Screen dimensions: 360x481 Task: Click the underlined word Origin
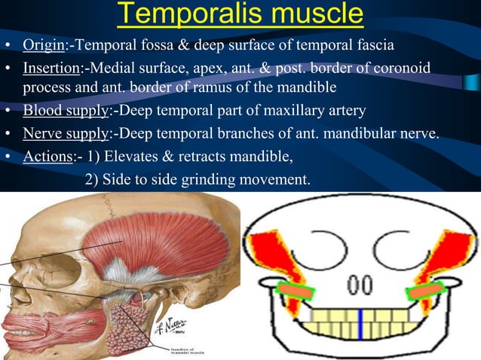click(x=44, y=45)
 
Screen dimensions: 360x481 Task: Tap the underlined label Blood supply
click(x=66, y=111)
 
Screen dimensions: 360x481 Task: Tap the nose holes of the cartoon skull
click(x=360, y=285)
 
